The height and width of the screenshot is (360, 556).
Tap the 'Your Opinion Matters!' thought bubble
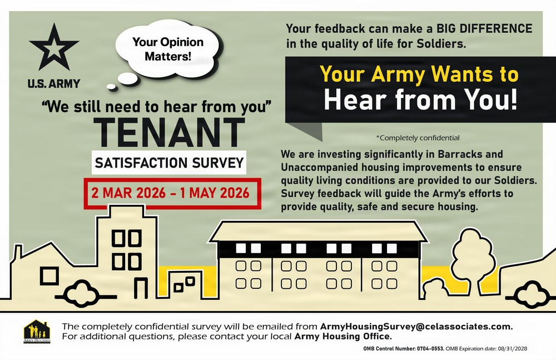(x=167, y=49)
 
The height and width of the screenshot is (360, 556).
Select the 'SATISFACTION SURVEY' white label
(x=169, y=163)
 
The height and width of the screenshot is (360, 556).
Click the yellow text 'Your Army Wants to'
(x=420, y=75)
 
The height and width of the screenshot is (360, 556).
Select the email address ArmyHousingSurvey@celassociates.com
(x=416, y=326)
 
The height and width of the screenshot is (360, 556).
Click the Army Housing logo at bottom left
(x=37, y=333)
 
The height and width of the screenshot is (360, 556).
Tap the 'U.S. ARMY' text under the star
(x=54, y=84)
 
